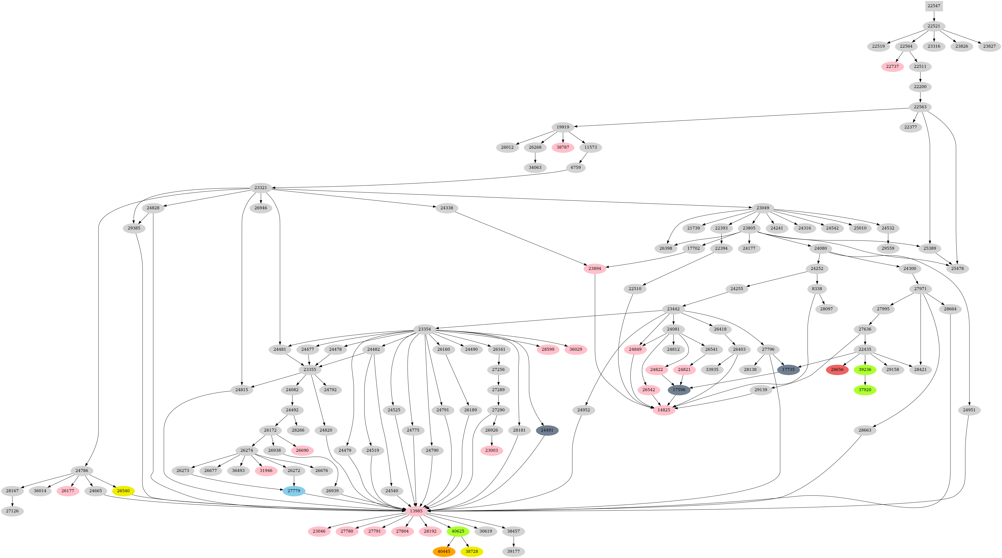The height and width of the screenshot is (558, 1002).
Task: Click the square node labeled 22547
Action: pos(934,6)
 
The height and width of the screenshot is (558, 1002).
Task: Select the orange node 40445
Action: pos(444,551)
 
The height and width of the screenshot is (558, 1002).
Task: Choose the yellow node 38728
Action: pos(471,551)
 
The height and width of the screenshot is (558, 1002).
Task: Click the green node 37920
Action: pos(865,390)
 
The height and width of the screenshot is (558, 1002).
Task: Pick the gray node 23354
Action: pos(424,329)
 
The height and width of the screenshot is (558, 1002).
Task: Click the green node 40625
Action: pos(458,531)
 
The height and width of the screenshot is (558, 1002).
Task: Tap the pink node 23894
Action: pos(595,269)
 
